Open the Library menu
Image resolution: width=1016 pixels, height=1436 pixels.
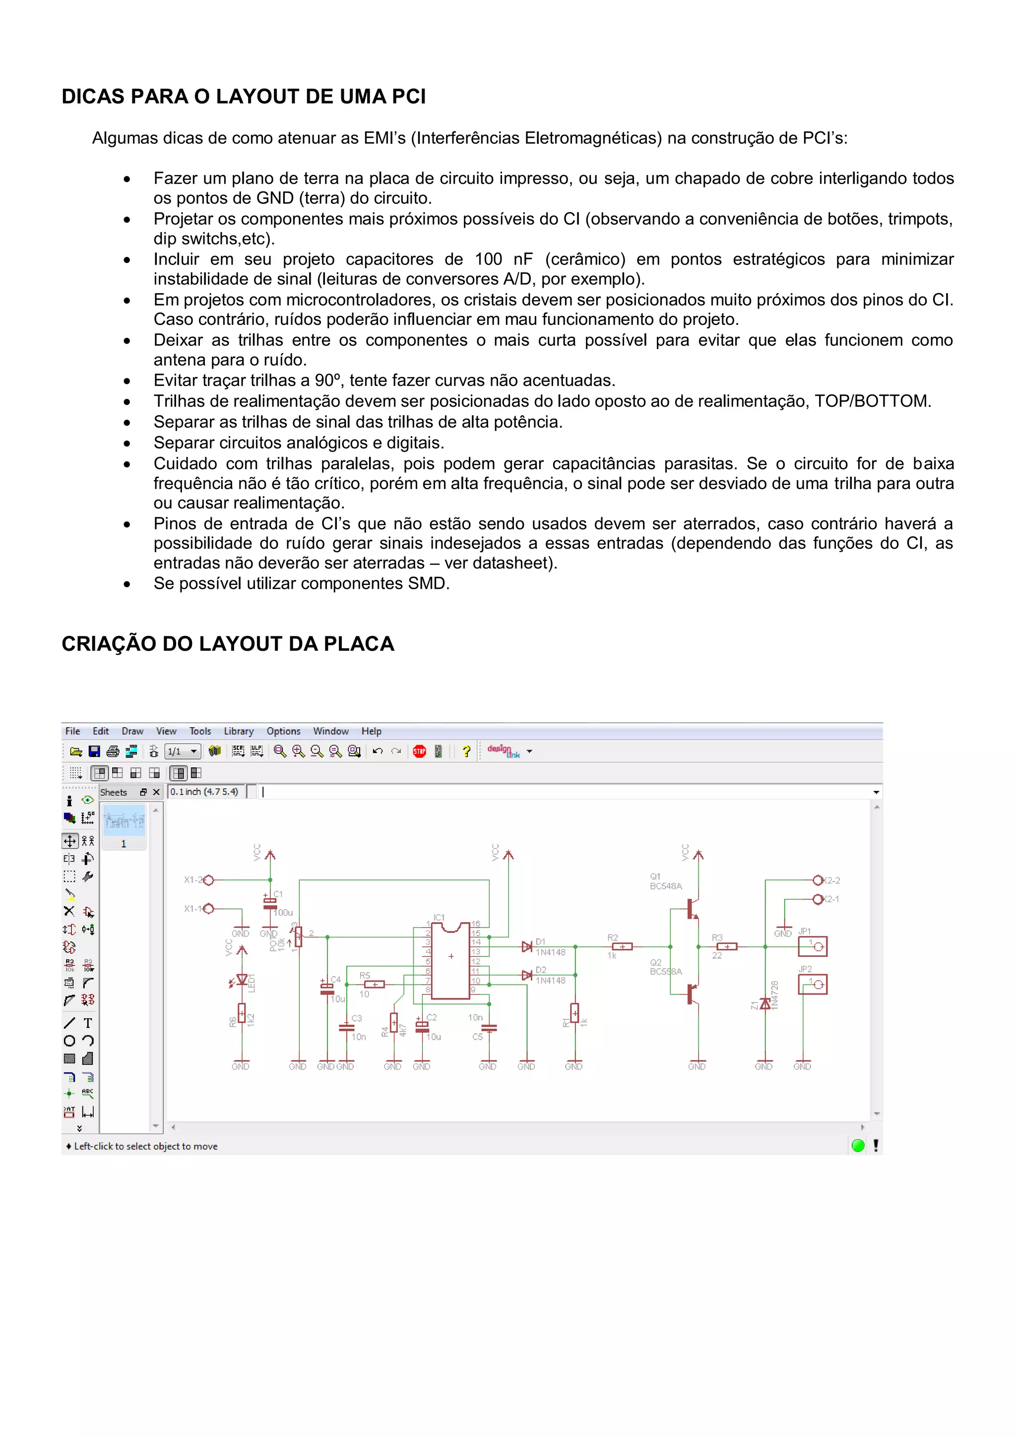pos(238,731)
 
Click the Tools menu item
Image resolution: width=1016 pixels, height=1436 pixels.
pos(200,731)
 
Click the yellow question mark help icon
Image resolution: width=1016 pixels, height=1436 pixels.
pos(466,751)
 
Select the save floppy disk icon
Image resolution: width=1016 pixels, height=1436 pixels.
pos(94,751)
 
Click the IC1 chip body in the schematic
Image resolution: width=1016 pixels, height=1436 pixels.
pos(450,961)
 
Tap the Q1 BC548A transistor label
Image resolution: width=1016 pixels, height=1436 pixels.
pos(665,882)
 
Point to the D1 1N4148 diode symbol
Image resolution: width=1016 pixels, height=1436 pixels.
pos(527,947)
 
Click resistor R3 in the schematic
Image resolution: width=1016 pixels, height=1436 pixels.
pos(726,947)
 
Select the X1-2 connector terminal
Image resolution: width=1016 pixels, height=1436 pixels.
pos(209,880)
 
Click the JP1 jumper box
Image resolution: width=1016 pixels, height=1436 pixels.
pos(813,946)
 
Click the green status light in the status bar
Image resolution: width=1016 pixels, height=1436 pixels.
pos(858,1146)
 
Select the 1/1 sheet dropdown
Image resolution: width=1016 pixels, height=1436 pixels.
pos(183,751)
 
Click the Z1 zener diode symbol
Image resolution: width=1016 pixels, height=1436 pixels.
pos(764,1004)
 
